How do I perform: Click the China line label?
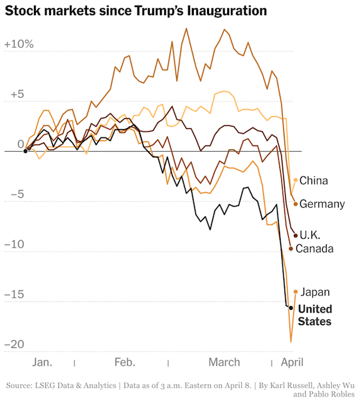tap(313, 181)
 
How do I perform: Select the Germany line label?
tap(322, 204)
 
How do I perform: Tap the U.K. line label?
tap(310, 235)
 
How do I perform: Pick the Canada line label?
tap(315, 249)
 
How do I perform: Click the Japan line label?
tap(315, 292)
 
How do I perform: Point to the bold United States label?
tap(315, 315)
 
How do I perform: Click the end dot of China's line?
tap(296, 180)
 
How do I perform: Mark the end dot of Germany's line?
tap(296, 204)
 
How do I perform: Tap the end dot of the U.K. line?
tap(296, 235)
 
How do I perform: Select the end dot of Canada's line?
tap(291, 249)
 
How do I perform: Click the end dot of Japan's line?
tap(296, 292)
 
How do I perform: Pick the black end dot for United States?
tap(291, 308)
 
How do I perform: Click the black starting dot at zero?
tap(25, 151)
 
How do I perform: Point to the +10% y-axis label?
tap(19, 44)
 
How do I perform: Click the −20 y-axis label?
tap(14, 344)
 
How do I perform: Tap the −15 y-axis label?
tap(14, 294)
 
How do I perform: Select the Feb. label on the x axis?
tap(125, 363)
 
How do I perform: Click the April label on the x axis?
tap(292, 363)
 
